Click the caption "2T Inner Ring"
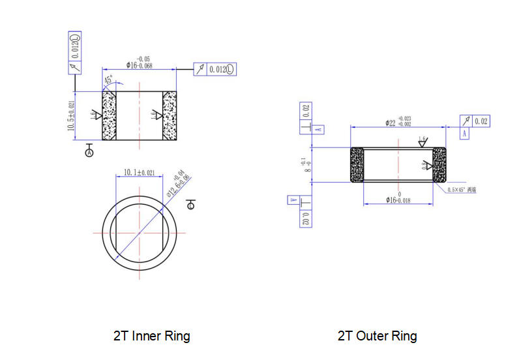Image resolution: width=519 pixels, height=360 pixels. pyautogui.click(x=151, y=337)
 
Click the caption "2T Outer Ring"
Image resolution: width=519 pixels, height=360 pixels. pyautogui.click(x=377, y=337)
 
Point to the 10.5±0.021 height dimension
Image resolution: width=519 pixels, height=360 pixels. pyautogui.click(x=71, y=115)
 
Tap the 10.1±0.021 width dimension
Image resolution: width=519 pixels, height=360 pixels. pyautogui.click(x=140, y=173)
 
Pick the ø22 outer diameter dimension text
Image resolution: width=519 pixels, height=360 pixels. pyautogui.click(x=398, y=121)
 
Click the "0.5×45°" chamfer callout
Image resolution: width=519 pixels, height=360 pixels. pyautogui.click(x=466, y=190)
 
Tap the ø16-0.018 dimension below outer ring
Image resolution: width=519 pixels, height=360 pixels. pyautogui.click(x=398, y=199)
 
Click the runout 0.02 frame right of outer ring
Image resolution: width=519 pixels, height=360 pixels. pyautogui.click(x=475, y=121)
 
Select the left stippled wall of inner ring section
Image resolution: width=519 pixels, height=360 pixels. pyautogui.click(x=109, y=115)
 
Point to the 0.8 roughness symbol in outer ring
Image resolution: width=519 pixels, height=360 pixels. pyautogui.click(x=427, y=166)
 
